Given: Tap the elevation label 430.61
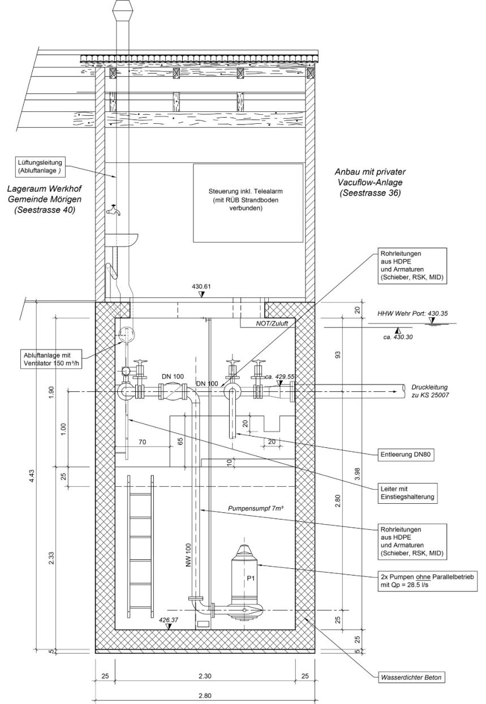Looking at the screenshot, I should (201, 287).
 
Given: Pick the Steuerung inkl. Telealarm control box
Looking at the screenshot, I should (248, 202).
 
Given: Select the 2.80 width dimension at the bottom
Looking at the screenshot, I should (205, 696).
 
